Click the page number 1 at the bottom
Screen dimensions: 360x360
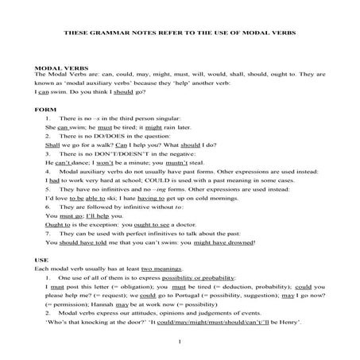click(181, 343)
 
